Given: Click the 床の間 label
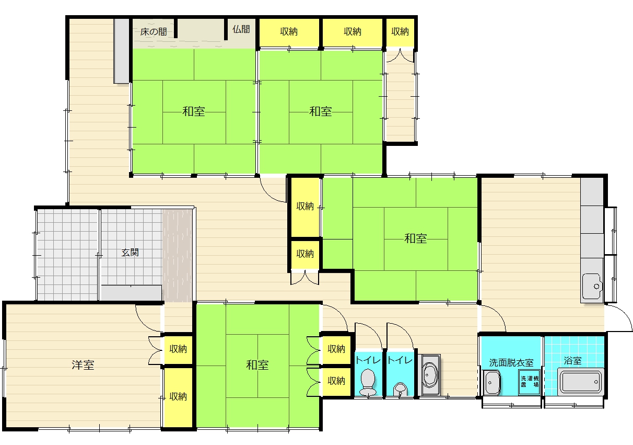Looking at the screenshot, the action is coord(154,31).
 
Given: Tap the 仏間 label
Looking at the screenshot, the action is coord(241,29).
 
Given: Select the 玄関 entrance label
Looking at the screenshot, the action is coord(130,253).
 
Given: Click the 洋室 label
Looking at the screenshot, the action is coord(83,365).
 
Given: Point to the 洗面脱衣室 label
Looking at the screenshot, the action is coord(511,363).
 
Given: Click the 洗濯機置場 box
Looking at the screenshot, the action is coord(530,382).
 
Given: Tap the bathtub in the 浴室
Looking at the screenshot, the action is coord(581,382).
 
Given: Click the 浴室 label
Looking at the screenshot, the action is coord(573,360).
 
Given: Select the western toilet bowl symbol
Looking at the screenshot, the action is coord(368,382).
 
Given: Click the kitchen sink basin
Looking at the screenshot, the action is coord(592,286).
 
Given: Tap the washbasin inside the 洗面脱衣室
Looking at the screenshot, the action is coord(491,383).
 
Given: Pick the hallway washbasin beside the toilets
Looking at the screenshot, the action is coord(429,375).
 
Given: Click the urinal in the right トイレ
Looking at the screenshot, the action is coord(400,389).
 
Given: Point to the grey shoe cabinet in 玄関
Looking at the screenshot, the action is coord(132,293).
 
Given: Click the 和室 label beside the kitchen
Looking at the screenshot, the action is coord(415,238).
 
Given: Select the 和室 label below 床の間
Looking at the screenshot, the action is coord(194,111).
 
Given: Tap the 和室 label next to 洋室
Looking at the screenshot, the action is coord(257,365).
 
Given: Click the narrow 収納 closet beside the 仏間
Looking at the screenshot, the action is coord(400,32).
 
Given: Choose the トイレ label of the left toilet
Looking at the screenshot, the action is coord(368,360).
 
